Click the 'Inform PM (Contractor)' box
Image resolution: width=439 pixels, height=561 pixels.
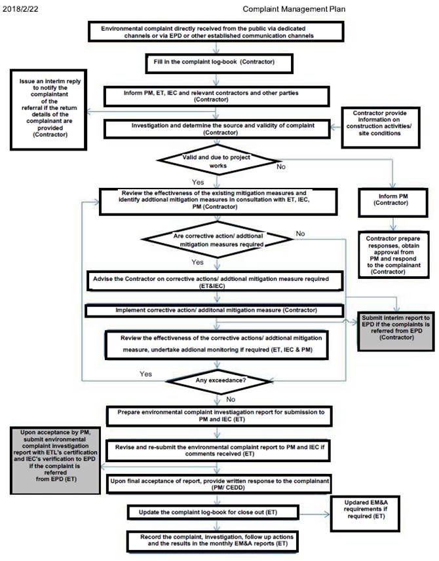pyautogui.click(x=390, y=199)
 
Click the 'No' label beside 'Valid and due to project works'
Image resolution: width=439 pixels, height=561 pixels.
pyautogui.click(x=281, y=167)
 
